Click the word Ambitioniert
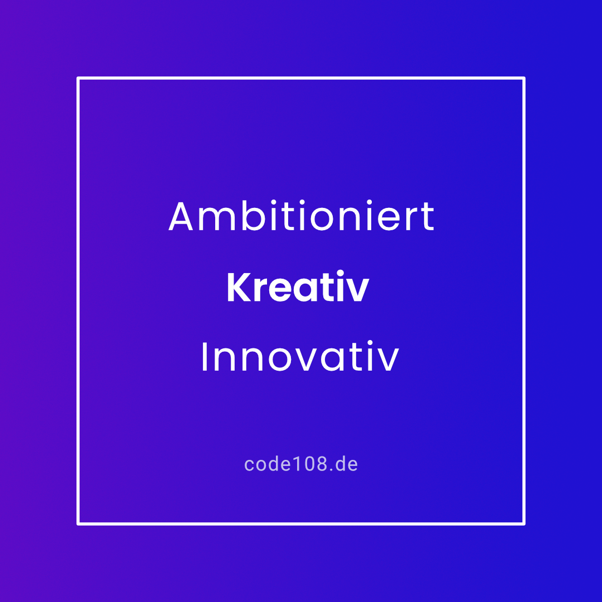pos(302,216)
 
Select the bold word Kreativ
pos(298,287)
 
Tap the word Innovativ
pos(300,356)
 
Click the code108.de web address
pos(301,464)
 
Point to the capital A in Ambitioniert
pos(181,216)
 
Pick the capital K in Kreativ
pos(239,287)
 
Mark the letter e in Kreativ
pos(285,290)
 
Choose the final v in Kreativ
pos(356,290)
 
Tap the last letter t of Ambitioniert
pos(428,217)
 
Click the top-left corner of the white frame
pos(78,78)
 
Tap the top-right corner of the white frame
pos(524,78)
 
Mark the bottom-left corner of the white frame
pos(78,524)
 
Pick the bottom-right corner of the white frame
pos(524,524)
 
